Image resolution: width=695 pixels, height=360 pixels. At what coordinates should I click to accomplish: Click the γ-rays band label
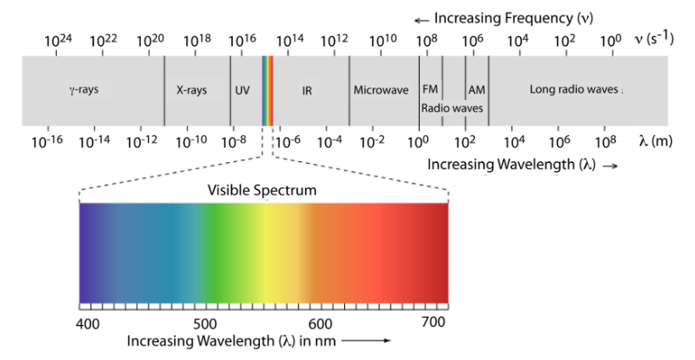coord(83,89)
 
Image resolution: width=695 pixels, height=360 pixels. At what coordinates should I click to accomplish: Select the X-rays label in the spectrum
coord(191,89)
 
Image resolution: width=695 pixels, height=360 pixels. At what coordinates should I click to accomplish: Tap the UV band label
coord(242,89)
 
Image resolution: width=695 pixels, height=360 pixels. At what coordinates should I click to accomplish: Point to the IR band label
coord(307,89)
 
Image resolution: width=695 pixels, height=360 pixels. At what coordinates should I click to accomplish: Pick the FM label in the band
coord(430,89)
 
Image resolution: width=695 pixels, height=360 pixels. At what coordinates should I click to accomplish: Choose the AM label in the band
coord(477,89)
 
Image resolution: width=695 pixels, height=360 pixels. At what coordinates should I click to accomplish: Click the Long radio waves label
coord(574,89)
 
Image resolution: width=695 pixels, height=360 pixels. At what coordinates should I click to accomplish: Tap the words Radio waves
coord(452,108)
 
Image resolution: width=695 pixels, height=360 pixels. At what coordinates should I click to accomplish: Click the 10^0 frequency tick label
coord(611,40)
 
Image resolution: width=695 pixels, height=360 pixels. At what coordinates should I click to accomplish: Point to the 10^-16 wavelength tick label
coord(42,142)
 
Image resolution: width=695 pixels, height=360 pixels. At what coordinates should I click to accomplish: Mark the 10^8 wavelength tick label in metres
coord(605,142)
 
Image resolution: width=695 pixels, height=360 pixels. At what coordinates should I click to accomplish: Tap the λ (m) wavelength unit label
coord(655,142)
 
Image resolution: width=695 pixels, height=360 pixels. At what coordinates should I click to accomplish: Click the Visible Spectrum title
coord(263,190)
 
